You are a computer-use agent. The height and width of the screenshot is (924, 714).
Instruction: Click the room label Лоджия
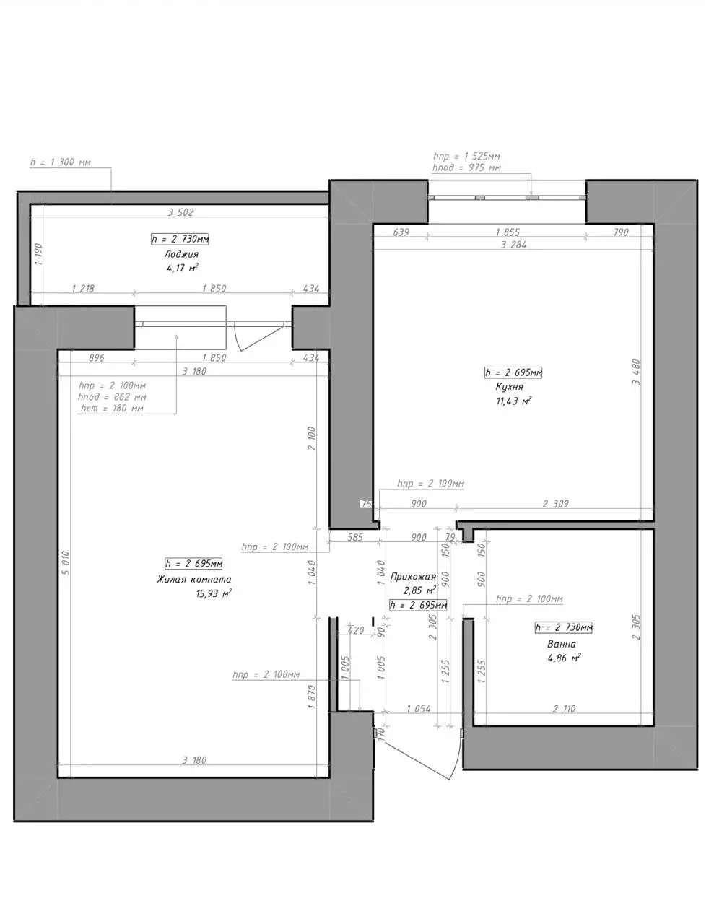coord(181,254)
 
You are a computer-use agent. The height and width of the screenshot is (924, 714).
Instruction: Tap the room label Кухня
coord(509,387)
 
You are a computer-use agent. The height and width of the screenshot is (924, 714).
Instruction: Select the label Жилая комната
coord(194,579)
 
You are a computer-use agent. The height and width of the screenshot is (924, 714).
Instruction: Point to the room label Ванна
coord(562,644)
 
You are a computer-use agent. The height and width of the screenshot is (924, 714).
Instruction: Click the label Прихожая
coord(413,577)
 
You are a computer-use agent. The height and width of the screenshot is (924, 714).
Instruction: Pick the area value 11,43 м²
coord(514,401)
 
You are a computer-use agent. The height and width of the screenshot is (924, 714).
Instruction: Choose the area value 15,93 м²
coord(214,593)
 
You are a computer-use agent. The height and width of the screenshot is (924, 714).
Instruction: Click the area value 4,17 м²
coord(183,268)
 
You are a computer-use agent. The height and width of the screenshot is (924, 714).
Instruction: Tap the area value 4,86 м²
coord(565,658)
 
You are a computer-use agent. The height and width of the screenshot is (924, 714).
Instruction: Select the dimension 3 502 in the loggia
coord(180,212)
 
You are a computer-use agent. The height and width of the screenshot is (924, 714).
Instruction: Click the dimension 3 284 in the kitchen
coord(514,245)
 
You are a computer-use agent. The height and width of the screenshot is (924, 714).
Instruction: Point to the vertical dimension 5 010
coord(66,563)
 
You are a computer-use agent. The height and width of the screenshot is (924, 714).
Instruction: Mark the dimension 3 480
coord(636,372)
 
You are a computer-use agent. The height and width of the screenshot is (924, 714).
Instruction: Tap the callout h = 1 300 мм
coord(61,162)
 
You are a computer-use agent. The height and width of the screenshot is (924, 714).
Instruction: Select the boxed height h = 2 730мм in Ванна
coord(563,627)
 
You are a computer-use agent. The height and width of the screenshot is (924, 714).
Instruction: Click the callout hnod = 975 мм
coord(466,167)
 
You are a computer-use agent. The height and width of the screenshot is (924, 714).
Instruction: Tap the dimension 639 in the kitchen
coord(401,232)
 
